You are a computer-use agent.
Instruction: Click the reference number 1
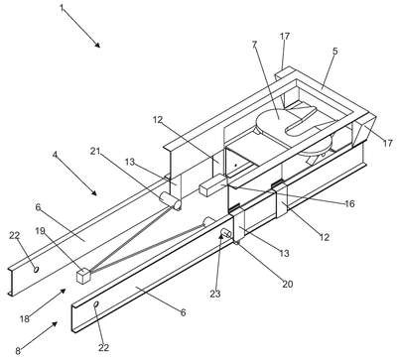tap(62, 7)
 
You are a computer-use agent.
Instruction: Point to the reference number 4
tap(55, 155)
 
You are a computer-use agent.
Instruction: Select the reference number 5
tap(335, 52)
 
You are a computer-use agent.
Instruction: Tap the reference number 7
tap(254, 45)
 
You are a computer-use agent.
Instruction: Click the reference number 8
tap(18, 351)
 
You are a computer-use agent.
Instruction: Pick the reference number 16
tap(349, 204)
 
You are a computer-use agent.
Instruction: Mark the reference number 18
tap(25, 318)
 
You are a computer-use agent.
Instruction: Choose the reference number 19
tap(40, 231)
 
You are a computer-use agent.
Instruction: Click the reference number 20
tap(288, 284)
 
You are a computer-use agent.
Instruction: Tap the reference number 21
tap(95, 151)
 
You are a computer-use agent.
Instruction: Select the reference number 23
tap(215, 294)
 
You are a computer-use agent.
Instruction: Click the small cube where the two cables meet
tap(83, 276)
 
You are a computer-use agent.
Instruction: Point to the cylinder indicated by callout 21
tap(171, 200)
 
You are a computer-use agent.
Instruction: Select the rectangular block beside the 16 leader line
tap(212, 185)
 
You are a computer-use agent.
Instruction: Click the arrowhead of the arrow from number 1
tap(97, 45)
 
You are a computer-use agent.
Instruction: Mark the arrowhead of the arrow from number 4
tap(94, 193)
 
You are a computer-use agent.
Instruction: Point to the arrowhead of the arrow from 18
tap(63, 291)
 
